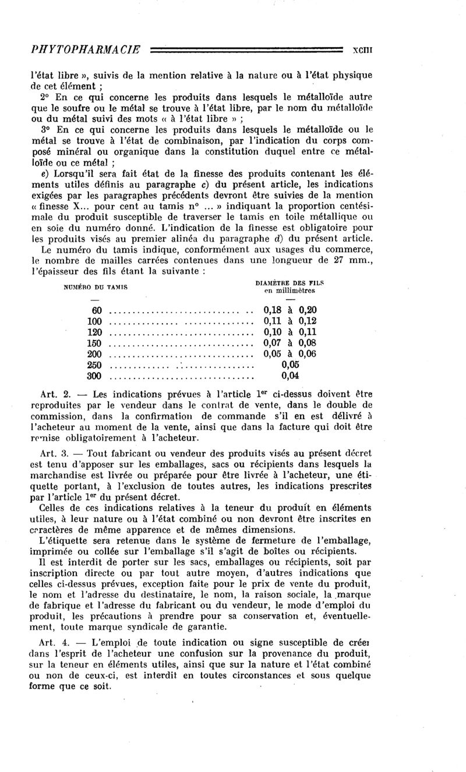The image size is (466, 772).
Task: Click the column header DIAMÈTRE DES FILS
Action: click(290, 282)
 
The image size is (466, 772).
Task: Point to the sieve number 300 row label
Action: click(94, 376)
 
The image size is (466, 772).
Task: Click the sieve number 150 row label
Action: click(94, 343)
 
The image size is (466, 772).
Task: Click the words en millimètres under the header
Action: click(290, 291)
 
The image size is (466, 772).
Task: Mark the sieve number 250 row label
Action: click(94, 365)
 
